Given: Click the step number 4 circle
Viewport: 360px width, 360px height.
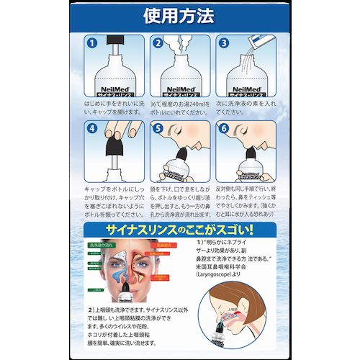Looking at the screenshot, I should pyautogui.click(x=92, y=130).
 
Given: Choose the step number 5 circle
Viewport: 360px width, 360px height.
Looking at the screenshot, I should pyautogui.click(x=157, y=130).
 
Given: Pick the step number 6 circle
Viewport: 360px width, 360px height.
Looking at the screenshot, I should pyautogui.click(x=224, y=130).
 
